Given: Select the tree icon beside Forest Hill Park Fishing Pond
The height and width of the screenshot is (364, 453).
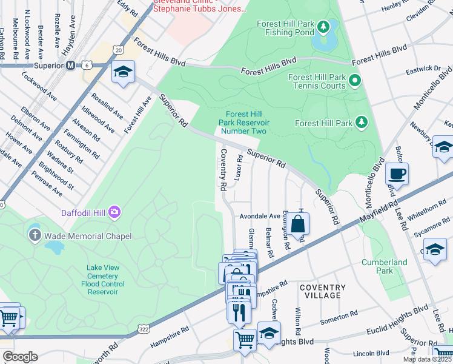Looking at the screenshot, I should [x=324, y=26].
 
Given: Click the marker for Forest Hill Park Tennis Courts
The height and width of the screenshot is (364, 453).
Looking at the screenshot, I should [x=355, y=80].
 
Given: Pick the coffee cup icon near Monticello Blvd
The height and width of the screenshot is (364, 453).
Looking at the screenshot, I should [x=397, y=174].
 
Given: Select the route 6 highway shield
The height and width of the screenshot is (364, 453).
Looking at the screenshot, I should [x=88, y=66].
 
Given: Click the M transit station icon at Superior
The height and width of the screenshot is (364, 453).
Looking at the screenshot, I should [x=70, y=66].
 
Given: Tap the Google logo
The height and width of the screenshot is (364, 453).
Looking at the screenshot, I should [x=19, y=357].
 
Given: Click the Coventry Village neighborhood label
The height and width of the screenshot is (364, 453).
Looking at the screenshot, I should [x=323, y=291].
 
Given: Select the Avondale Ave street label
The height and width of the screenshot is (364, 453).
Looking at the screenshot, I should [x=260, y=216].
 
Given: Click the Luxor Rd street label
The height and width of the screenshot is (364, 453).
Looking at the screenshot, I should [x=239, y=167].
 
